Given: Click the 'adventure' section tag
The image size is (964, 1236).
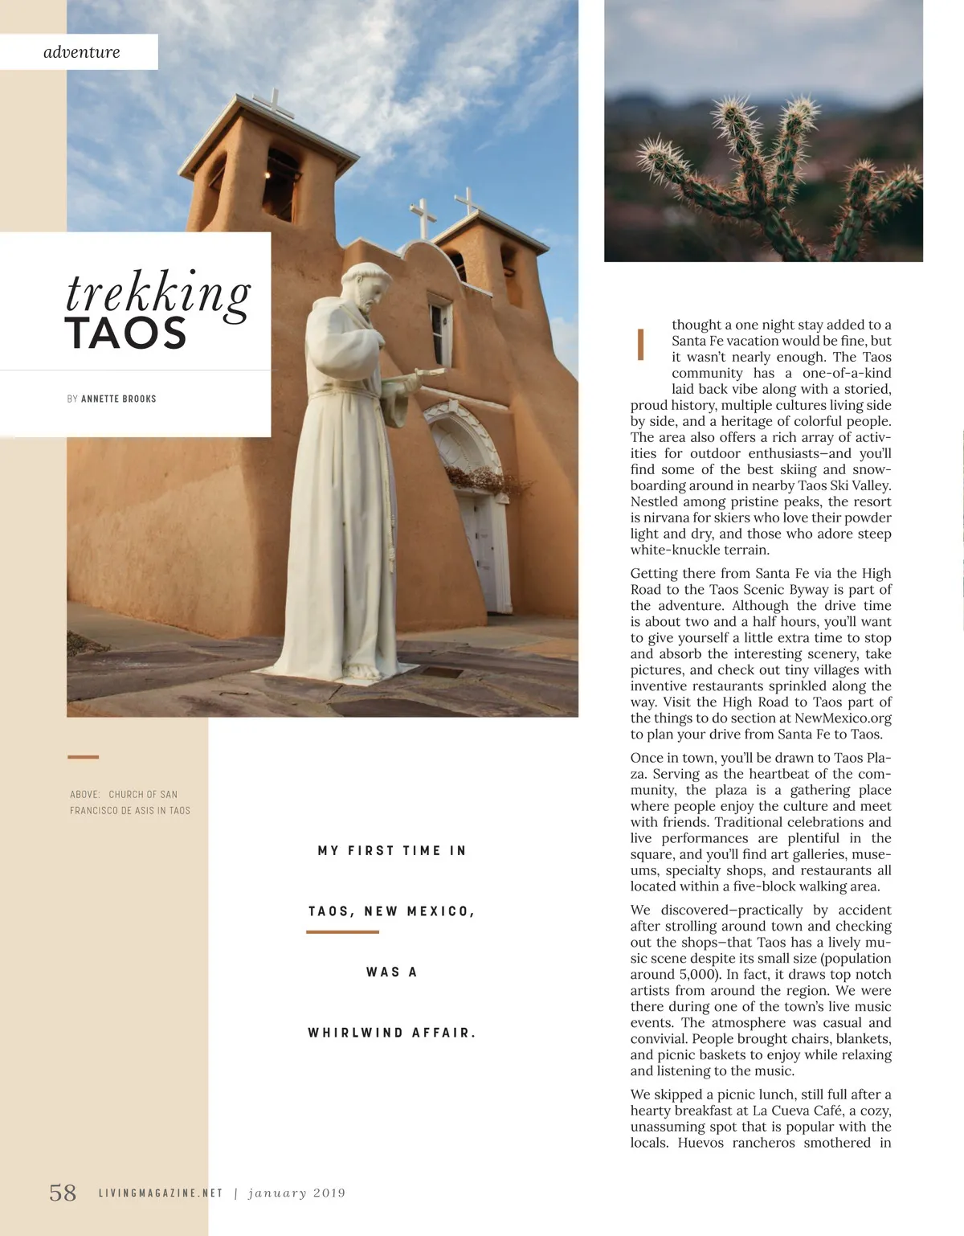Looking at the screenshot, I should click(x=81, y=52).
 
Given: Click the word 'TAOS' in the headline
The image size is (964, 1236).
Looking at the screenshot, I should click(x=125, y=334).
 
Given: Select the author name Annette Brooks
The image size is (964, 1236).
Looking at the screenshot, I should click(x=119, y=399).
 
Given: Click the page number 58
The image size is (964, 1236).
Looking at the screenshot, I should click(x=63, y=1193).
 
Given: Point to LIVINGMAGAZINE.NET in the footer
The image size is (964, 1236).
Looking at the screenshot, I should click(x=160, y=1193).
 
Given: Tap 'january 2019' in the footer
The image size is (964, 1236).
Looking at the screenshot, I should click(x=296, y=1193).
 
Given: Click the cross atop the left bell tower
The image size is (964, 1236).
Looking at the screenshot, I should click(x=273, y=103).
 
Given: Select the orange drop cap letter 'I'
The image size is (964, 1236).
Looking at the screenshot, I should click(x=641, y=344).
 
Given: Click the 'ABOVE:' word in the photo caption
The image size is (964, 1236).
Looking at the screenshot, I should click(x=84, y=794).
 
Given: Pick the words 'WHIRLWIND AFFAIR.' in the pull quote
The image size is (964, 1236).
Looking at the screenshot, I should click(x=391, y=1033).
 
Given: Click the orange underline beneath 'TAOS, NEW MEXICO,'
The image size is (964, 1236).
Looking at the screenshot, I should click(x=342, y=932).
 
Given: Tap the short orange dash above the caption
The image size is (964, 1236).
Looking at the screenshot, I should click(x=83, y=757).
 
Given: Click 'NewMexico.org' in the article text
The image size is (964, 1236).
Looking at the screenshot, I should click(x=843, y=718).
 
